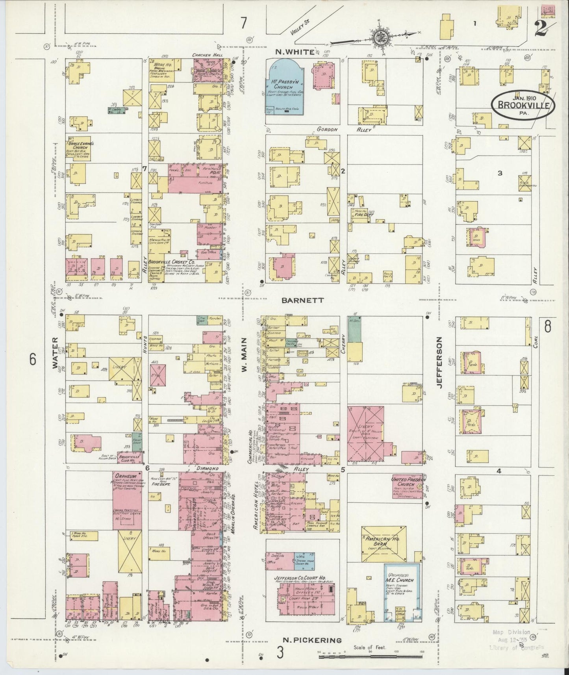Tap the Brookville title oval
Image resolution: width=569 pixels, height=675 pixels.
click(523, 105)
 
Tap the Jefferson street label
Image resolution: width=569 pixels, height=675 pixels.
click(439, 362)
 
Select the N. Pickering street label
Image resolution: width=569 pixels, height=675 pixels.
click(312, 640)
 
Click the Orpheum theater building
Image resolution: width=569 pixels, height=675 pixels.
click(127, 498)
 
